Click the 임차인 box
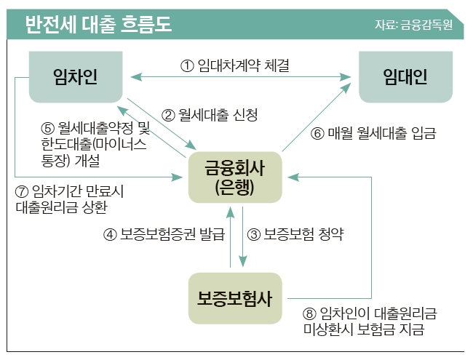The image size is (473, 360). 76,77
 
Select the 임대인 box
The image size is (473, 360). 405,77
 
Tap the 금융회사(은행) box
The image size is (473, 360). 235,177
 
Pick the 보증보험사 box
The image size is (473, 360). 235,298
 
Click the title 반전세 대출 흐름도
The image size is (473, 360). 99,24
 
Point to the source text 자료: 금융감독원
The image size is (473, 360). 413,25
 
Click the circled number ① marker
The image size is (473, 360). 187,65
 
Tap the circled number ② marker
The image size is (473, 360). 168,115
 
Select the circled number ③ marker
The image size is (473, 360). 254,235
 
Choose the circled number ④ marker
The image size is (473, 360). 110,235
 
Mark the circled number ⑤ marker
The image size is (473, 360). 47,129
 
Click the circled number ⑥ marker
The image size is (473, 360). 317,133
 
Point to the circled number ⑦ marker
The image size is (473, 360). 22,191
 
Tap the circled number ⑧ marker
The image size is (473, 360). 309,313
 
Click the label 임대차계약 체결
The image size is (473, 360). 244,65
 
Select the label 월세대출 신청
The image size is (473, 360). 218,115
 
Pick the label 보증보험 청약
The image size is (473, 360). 303,234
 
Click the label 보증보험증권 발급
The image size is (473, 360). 172,234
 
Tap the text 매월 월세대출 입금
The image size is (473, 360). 382,133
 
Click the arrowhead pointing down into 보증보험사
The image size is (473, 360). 243,261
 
